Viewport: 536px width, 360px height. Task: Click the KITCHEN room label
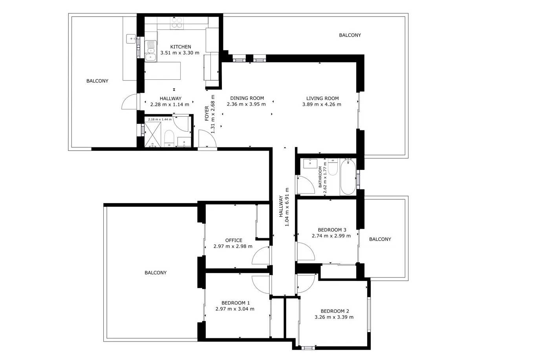pos(181,47)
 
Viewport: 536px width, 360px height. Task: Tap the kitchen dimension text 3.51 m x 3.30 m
pos(180,53)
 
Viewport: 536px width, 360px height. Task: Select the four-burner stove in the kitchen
pos(177,23)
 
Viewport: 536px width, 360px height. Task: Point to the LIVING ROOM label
pos(322,98)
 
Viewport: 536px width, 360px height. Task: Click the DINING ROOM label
pos(247,98)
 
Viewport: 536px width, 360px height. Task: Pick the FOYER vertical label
pos(207,113)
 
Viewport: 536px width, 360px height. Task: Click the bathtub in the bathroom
pos(348,176)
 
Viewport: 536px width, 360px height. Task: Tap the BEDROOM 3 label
pos(332,230)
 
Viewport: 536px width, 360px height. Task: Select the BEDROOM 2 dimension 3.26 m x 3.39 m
pos(334,317)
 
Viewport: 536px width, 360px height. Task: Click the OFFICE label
pos(234,240)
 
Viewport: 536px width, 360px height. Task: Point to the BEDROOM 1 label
pos(236,303)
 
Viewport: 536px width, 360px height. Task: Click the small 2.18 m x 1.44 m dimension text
pos(160,119)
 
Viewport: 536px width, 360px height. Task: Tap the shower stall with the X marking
pos(153,134)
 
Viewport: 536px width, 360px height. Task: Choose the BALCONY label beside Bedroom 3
pos(380,239)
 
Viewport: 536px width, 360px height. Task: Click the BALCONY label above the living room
pos(350,35)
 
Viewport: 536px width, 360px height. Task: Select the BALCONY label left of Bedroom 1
pos(155,273)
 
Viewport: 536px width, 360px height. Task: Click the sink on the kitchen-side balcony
pos(131,39)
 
